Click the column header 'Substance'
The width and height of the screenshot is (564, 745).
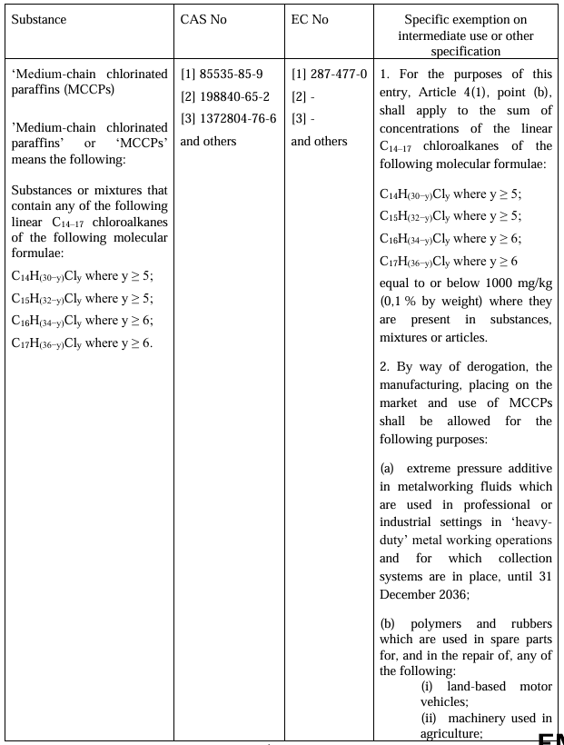[x=39, y=20]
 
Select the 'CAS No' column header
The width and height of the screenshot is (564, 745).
[x=203, y=20]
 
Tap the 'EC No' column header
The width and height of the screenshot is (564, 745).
[x=310, y=20]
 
